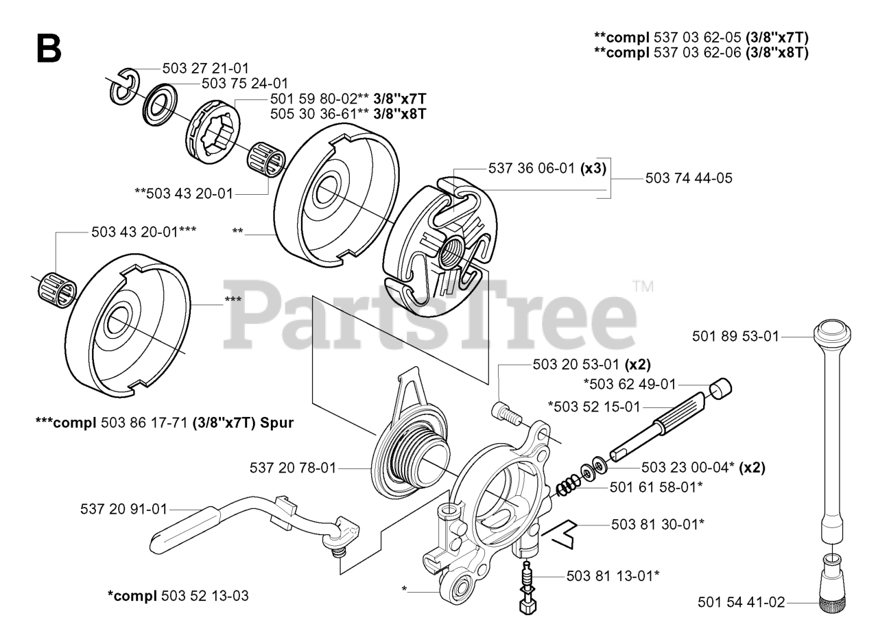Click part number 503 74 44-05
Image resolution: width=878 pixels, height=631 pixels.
[689, 178]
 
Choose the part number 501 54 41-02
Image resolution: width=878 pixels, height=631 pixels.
[741, 602]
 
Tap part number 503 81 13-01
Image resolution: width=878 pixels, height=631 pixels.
[613, 575]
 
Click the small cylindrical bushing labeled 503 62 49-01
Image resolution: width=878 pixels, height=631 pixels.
[720, 388]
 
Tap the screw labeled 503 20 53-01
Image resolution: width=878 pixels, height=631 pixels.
[502, 414]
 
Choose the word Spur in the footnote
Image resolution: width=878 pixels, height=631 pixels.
[278, 423]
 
